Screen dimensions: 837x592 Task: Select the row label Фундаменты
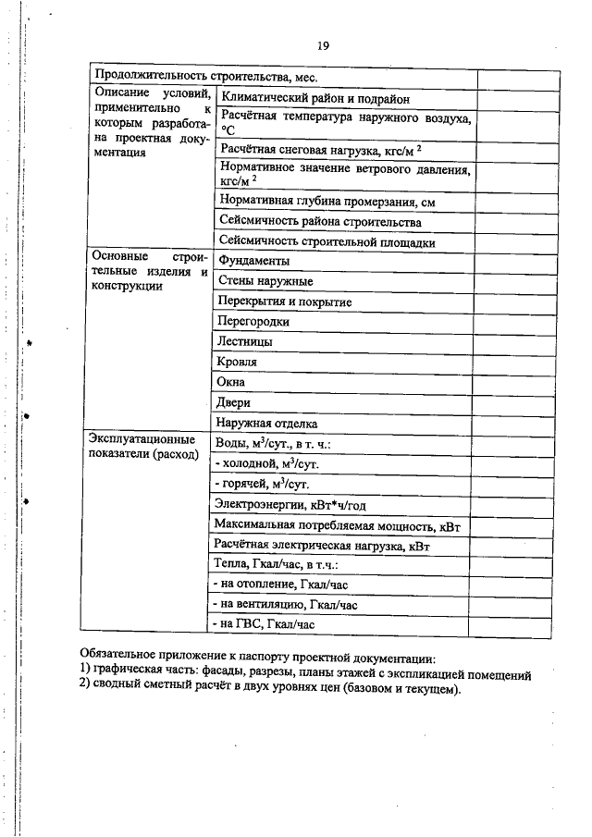[x=253, y=262]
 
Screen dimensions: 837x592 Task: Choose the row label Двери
[x=233, y=403]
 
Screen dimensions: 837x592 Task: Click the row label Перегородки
[x=253, y=322]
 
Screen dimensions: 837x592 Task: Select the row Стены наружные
[x=265, y=281]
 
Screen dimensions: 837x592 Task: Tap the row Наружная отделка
[x=266, y=424]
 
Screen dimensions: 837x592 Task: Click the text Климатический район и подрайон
[x=314, y=99]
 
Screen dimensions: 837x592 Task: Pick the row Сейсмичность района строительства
[x=320, y=222]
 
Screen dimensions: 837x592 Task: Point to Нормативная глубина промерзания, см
[x=326, y=201]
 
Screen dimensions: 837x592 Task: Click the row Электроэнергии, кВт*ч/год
[x=291, y=504]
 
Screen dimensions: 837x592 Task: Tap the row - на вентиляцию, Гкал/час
[x=285, y=605]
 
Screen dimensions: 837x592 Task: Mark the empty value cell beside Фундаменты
[x=518, y=262]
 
